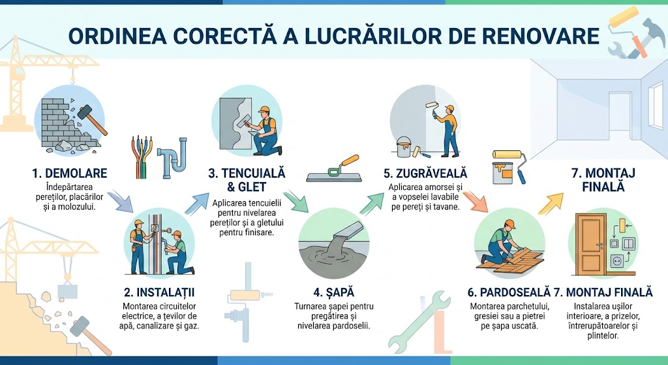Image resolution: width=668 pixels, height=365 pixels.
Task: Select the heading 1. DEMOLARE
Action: click(69, 174)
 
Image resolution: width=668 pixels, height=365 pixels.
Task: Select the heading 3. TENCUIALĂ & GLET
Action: click(247, 180)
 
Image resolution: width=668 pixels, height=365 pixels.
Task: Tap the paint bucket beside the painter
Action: click(402, 148)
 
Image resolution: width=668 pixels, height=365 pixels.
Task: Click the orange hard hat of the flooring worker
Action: click(509, 224)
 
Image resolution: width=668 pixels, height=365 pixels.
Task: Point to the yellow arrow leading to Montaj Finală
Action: click(552, 202)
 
